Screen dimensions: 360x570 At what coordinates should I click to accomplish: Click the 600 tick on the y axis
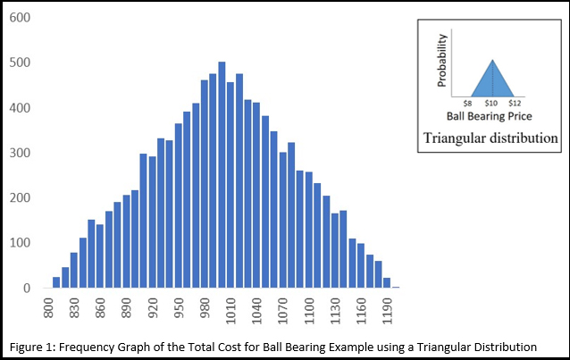[x=19, y=18]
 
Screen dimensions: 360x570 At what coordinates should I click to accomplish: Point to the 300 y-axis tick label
[x=19, y=154]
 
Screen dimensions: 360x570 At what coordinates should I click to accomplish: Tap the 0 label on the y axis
[x=26, y=289]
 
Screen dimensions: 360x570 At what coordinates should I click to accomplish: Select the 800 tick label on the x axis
[x=50, y=309]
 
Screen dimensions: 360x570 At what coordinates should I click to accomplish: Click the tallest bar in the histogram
[x=222, y=175]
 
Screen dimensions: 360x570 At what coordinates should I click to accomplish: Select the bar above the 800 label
[x=56, y=282]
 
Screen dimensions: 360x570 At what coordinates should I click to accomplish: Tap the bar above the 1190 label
[x=387, y=282]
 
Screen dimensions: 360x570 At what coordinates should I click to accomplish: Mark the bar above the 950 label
[x=179, y=205]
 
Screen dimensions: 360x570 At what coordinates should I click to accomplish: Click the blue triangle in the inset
[x=491, y=80]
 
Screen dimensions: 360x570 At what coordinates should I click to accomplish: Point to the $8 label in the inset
[x=467, y=104]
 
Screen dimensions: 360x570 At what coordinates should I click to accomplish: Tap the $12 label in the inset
[x=515, y=104]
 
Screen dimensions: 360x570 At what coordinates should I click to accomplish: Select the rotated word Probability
[x=442, y=61]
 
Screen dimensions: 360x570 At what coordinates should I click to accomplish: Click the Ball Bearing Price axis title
[x=490, y=117]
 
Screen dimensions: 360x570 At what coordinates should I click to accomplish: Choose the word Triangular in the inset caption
[x=456, y=138]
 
